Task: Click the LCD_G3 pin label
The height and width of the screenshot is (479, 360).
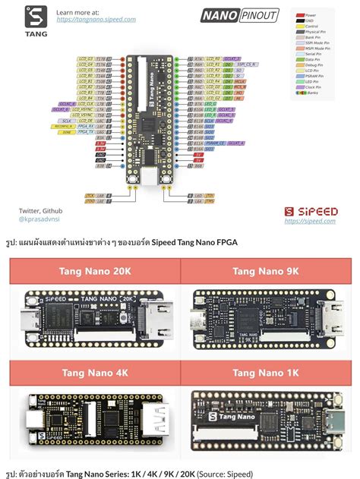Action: (x=85, y=58)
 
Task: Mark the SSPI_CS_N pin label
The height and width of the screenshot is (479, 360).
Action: (x=248, y=65)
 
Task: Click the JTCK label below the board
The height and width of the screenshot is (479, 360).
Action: (x=90, y=195)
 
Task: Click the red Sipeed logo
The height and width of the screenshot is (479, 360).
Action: (x=311, y=210)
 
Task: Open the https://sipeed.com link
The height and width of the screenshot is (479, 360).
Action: (x=310, y=222)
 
